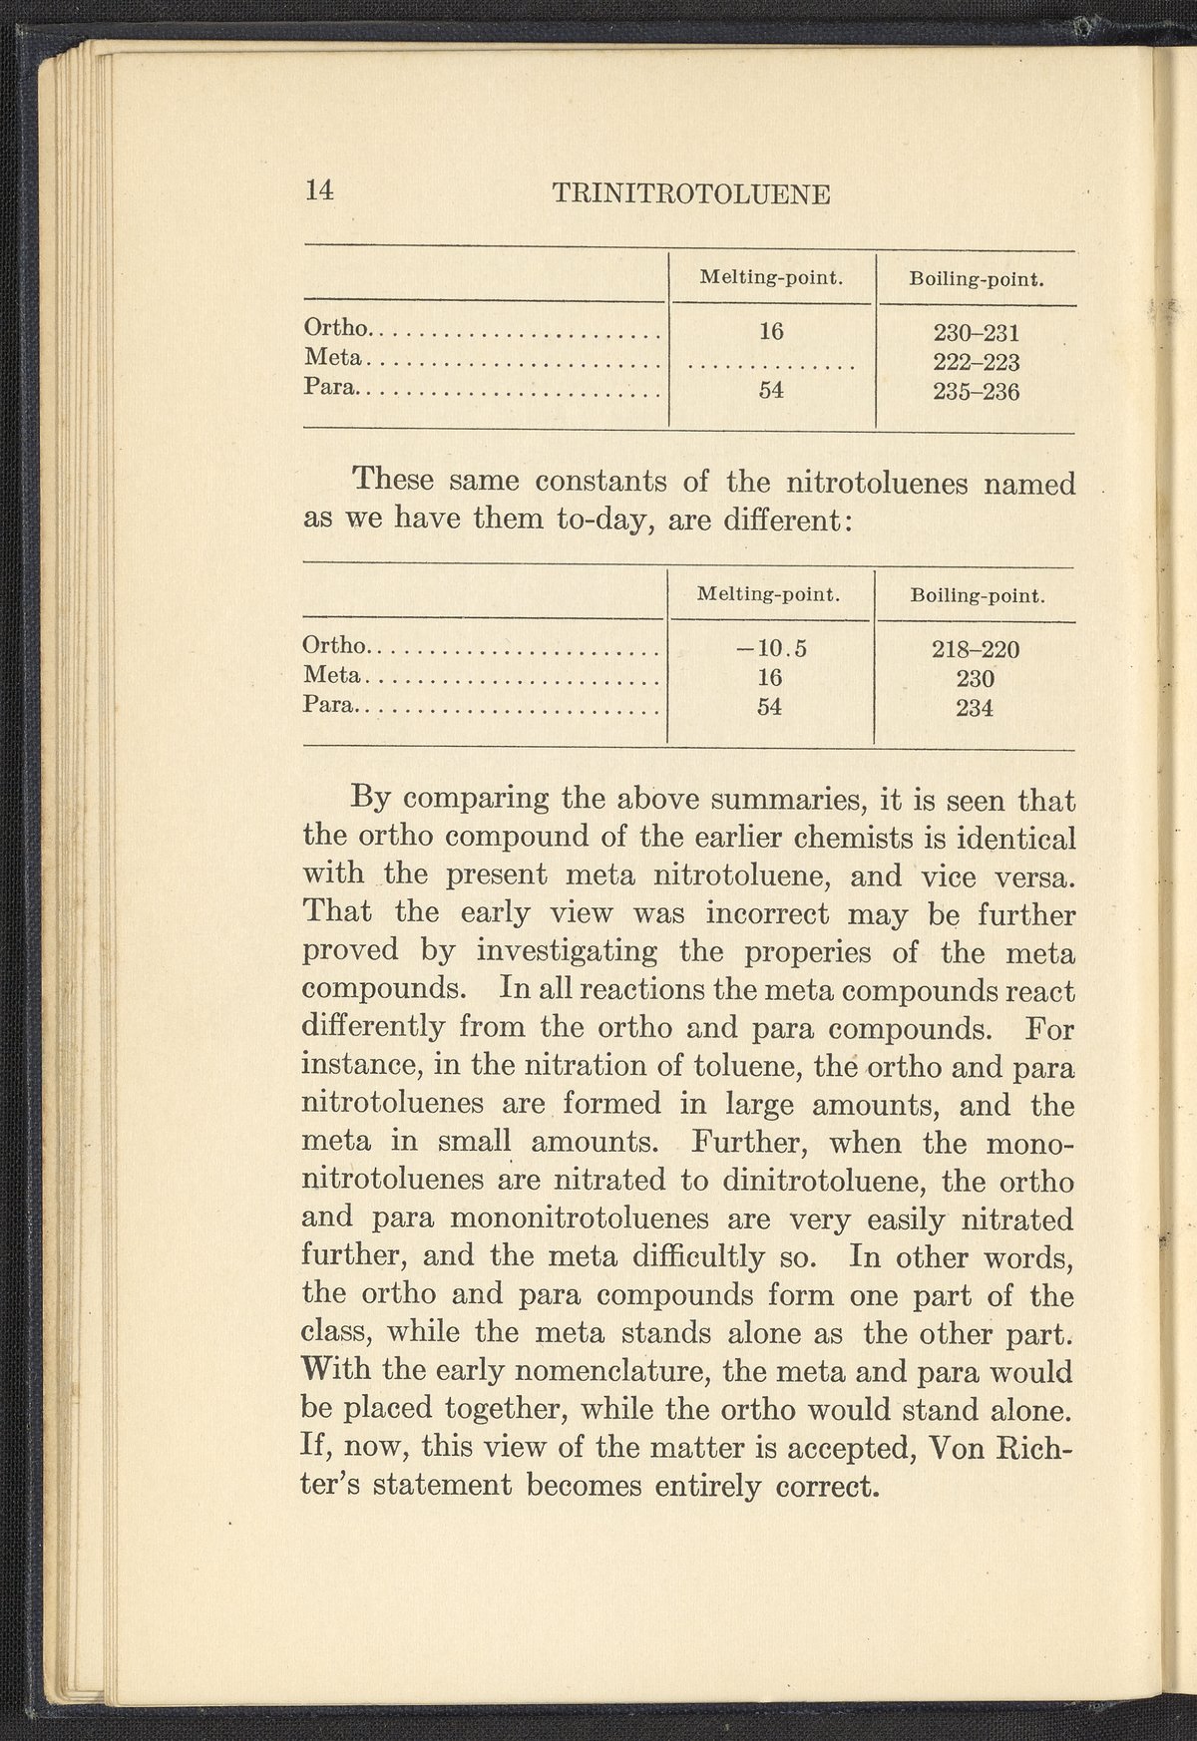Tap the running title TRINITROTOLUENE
pyautogui.click(x=690, y=193)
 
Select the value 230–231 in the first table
pyautogui.click(x=976, y=332)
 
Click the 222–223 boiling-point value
pyautogui.click(x=976, y=362)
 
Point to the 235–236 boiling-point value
pyautogui.click(x=976, y=392)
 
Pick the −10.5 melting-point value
pyautogui.click(x=770, y=649)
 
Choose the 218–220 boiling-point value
pyautogui.click(x=975, y=650)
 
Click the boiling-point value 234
pyautogui.click(x=975, y=709)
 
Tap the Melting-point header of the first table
pyautogui.click(x=771, y=277)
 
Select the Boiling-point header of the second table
pyautogui.click(x=978, y=596)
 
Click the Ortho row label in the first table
pyautogui.click(x=337, y=327)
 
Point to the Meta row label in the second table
pyautogui.click(x=333, y=676)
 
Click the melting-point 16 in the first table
pyautogui.click(x=770, y=332)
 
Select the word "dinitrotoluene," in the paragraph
pyautogui.click(x=821, y=1182)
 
